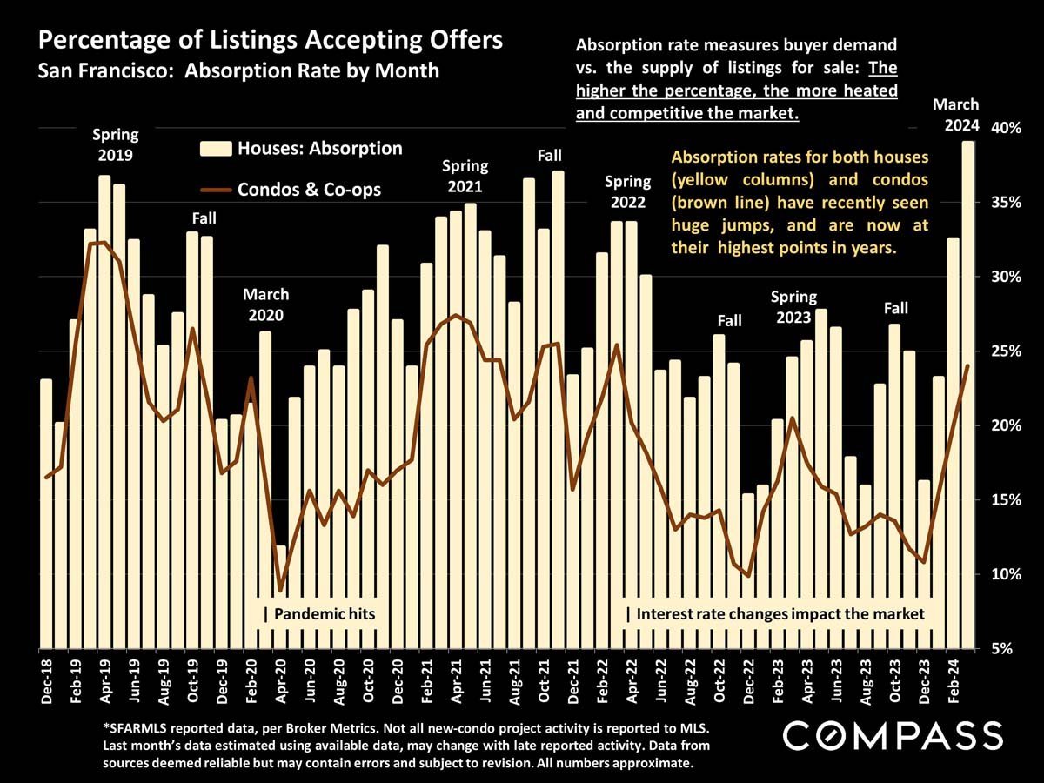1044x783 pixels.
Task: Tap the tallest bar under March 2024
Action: click(x=967, y=391)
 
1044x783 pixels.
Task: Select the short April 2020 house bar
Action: click(x=281, y=600)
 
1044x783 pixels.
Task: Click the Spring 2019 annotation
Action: click(x=116, y=145)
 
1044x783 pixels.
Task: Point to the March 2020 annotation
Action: click(x=266, y=305)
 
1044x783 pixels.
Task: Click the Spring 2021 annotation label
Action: click(x=465, y=176)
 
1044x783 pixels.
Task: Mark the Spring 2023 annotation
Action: click(x=794, y=308)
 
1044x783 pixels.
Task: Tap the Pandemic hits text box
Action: click(x=320, y=614)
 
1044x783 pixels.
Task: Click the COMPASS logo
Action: click(x=893, y=736)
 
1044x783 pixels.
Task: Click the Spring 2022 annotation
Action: click(x=627, y=191)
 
